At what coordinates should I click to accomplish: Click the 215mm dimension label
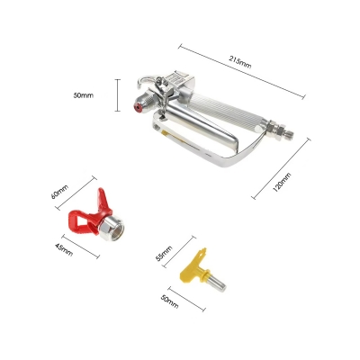coord(240,62)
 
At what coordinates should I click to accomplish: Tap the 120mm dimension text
coord(282,182)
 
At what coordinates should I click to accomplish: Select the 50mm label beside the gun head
coord(84,95)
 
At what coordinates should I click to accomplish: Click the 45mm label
coord(64,249)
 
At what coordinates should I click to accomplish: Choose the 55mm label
coord(164,254)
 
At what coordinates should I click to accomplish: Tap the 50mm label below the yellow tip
coord(170,301)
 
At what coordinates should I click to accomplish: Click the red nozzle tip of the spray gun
coord(137,106)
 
